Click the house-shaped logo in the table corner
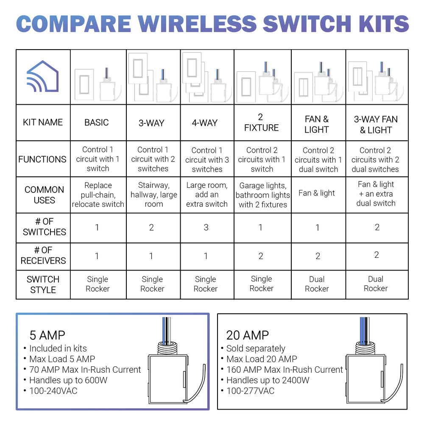pyautogui.click(x=42, y=77)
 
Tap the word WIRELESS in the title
pyautogui.click(x=195, y=24)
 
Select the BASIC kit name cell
pyautogui.click(x=97, y=123)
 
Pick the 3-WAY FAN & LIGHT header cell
pyautogui.click(x=376, y=125)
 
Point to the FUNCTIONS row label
pyautogui.click(x=42, y=159)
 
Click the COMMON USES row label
pyautogui.click(x=44, y=195)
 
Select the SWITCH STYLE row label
pyautogui.click(x=43, y=285)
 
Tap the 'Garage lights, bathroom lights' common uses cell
pyautogui.click(x=262, y=195)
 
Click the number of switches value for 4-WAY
pyautogui.click(x=206, y=227)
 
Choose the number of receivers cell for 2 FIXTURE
pyautogui.click(x=261, y=256)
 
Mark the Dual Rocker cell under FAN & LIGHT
pyautogui.click(x=317, y=284)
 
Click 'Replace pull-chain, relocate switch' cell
pyautogui.click(x=98, y=195)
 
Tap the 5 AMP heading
pyautogui.click(x=47, y=335)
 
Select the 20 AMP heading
pyautogui.click(x=247, y=335)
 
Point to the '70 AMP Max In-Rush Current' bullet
pyautogui.click(x=85, y=370)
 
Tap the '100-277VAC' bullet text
pyautogui.click(x=250, y=391)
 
